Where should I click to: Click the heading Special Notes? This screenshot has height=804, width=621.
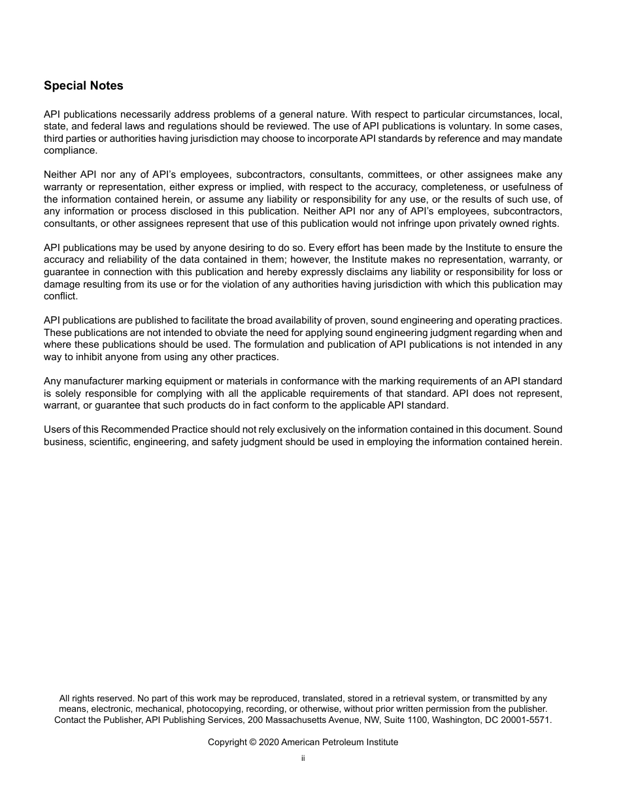83,86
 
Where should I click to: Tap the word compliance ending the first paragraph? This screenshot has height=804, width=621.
70,150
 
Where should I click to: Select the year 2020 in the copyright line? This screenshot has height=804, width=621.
269,743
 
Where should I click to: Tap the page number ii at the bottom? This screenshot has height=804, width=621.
303,758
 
